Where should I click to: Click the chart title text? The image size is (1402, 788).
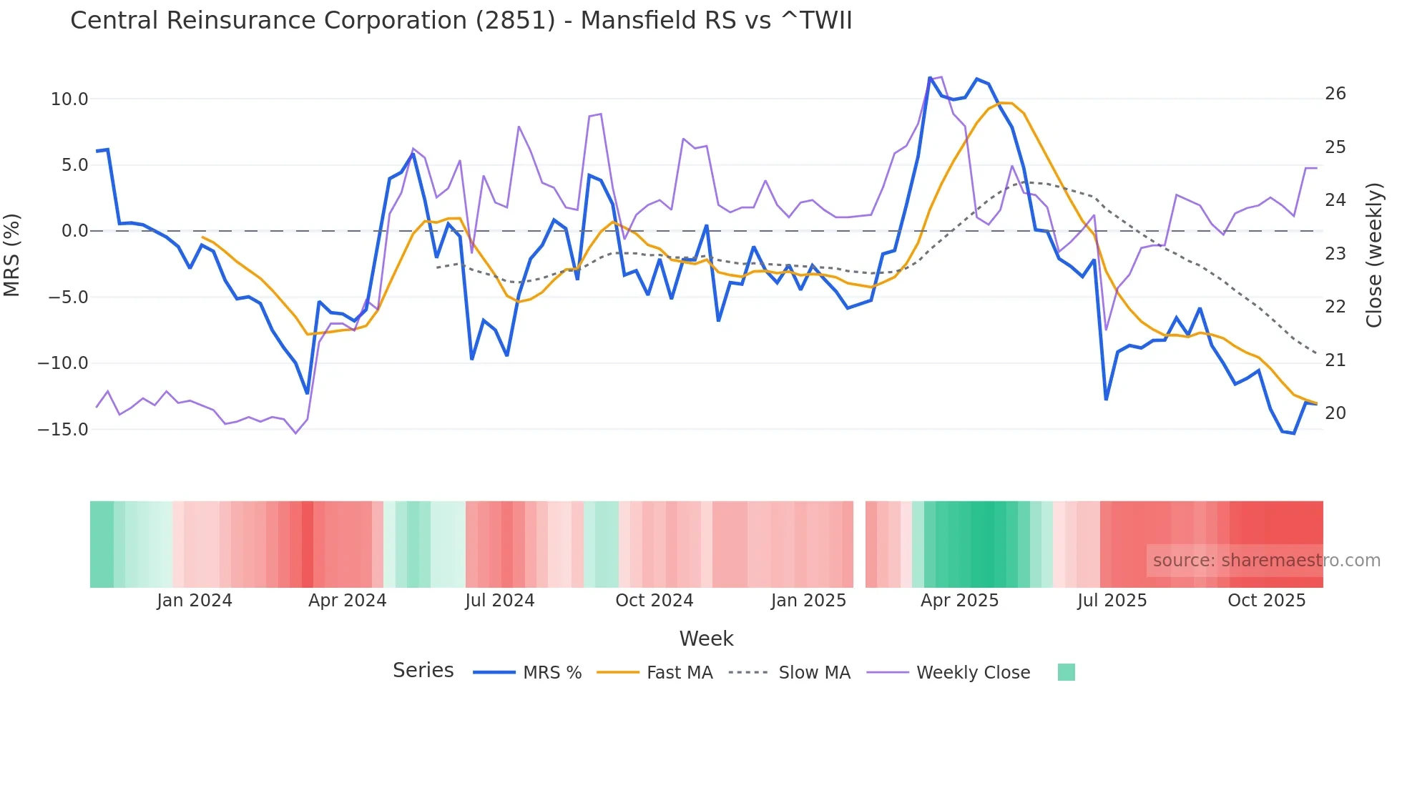(461, 21)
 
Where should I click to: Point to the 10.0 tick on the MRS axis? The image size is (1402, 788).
(69, 99)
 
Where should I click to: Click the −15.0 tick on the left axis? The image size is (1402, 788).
(64, 430)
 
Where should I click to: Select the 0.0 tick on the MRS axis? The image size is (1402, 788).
(74, 231)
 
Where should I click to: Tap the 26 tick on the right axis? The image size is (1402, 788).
(1335, 94)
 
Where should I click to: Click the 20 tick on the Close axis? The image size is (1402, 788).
(1335, 413)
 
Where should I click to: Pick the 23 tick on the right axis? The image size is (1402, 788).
(1335, 254)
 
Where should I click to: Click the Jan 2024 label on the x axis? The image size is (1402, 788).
(195, 601)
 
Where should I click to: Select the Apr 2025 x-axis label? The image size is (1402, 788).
(959, 601)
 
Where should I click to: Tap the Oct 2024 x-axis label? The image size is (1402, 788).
(654, 601)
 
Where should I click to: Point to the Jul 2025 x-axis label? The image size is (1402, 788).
(1112, 601)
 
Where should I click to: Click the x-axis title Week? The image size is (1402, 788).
(706, 639)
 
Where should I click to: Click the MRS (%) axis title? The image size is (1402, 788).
(12, 255)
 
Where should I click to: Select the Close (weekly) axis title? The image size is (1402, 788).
(1374, 255)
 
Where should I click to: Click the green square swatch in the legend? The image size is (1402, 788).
(1066, 672)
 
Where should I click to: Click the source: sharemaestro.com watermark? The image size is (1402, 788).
(1266, 561)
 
